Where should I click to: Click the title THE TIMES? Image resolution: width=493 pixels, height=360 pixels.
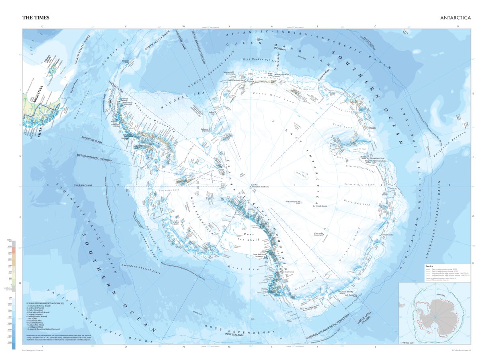click(36, 18)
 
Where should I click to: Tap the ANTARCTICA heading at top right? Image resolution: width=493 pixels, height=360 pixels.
click(455, 18)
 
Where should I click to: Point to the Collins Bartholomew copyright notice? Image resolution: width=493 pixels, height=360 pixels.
click(461, 350)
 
